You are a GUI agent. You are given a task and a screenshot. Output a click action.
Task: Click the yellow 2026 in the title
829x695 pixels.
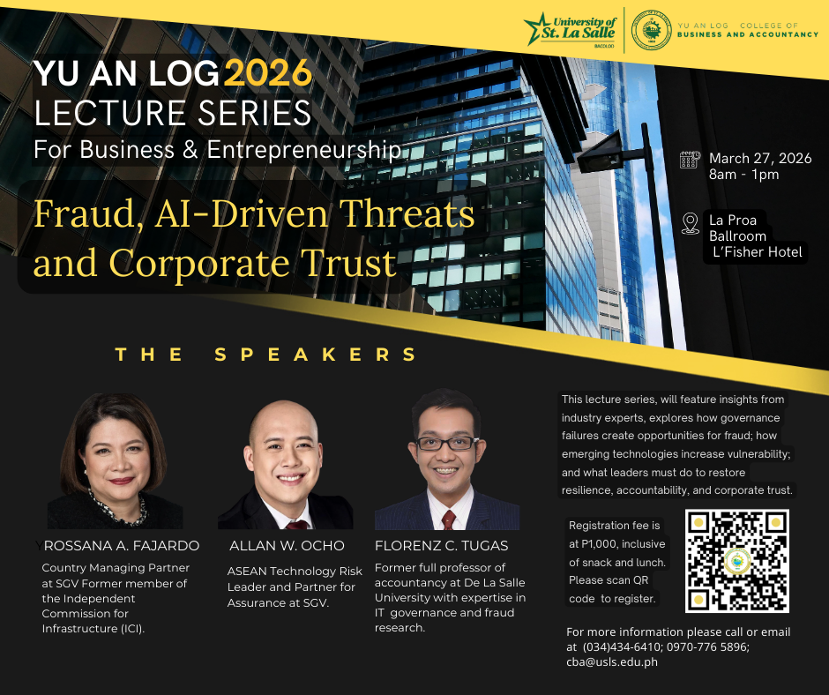pyautogui.click(x=268, y=73)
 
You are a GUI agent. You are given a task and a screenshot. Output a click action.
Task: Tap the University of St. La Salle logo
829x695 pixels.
pyautogui.click(x=571, y=30)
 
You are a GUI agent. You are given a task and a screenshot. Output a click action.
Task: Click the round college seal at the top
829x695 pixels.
pyautogui.click(x=652, y=31)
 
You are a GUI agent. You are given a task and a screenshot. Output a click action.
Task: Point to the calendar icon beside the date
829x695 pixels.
pyautogui.click(x=690, y=160)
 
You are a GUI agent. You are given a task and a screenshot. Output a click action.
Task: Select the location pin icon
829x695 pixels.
pyautogui.click(x=690, y=223)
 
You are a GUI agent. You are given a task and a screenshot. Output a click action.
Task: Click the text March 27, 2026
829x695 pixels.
pyautogui.click(x=760, y=159)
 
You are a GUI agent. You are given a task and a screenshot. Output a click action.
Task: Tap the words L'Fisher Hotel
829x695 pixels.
pyautogui.click(x=757, y=252)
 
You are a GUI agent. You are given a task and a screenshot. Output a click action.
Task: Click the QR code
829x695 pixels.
pyautogui.click(x=737, y=561)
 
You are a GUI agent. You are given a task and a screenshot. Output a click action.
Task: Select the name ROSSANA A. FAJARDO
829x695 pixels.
pyautogui.click(x=122, y=546)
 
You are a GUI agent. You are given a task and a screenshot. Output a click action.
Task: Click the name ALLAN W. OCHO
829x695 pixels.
pyautogui.click(x=288, y=546)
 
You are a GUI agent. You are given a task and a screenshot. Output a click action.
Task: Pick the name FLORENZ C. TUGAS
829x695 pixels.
pyautogui.click(x=442, y=546)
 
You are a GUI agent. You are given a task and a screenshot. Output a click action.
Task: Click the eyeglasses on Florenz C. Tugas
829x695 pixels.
pyautogui.click(x=447, y=444)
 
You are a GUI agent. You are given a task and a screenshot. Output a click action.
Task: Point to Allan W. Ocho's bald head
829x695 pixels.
pyautogui.click(x=284, y=421)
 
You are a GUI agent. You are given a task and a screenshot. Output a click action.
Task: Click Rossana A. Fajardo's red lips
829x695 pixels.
pyautogui.click(x=121, y=481)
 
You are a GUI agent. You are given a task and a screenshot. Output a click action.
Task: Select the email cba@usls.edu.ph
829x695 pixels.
pyautogui.click(x=612, y=661)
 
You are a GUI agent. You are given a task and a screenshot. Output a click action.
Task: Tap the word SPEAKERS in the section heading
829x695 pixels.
pyautogui.click(x=316, y=355)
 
